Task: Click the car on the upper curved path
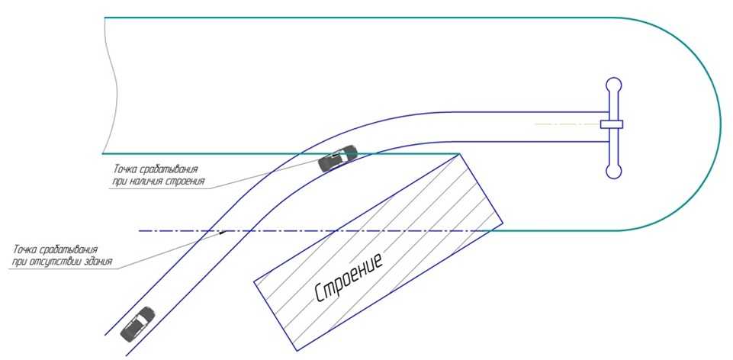[338, 158]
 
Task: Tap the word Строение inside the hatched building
[349, 277]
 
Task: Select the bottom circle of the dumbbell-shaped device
[613, 171]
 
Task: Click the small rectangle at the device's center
[612, 124]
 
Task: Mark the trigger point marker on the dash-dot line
[222, 230]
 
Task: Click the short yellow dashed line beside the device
[565, 124]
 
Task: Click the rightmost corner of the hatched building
[502, 223]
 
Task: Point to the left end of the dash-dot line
[138, 230]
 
